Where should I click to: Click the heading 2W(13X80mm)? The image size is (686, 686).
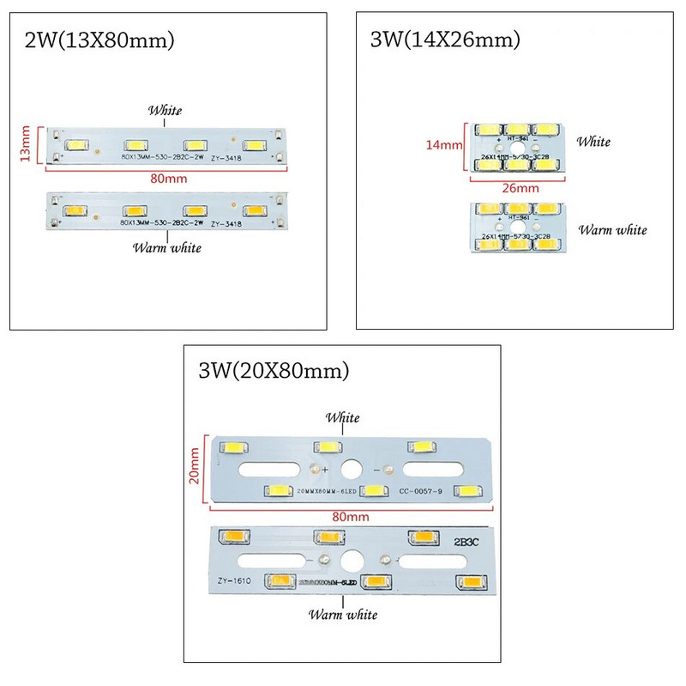[100, 39]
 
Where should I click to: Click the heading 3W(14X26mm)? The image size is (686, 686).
[444, 39]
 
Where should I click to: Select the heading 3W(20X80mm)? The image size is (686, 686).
[274, 371]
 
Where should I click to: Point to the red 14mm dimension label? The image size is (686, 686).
[443, 145]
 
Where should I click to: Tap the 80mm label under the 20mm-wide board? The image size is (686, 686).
[352, 516]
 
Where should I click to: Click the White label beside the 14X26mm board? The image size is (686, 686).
[593, 141]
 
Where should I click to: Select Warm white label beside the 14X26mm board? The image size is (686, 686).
[612, 229]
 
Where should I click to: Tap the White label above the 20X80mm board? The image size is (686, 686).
[341, 418]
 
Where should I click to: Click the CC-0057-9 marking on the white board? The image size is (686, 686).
[419, 491]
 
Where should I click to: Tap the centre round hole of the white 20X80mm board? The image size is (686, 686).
[352, 470]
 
